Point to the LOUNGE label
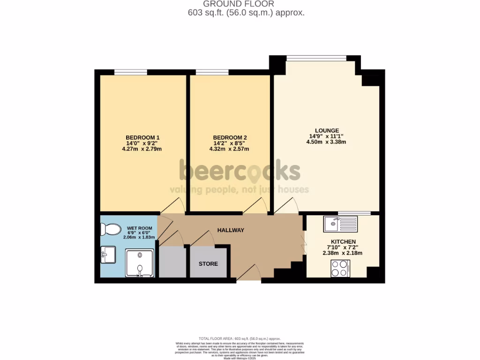[x=327, y=131]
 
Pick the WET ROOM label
[x=139, y=228]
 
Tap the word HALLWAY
[x=231, y=230]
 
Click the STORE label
[x=208, y=264]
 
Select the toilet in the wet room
[x=111, y=230]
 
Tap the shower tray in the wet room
[x=139, y=263]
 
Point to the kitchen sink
[x=340, y=224]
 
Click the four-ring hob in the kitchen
[x=340, y=268]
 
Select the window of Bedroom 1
[x=131, y=72]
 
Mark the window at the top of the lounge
[x=316, y=58]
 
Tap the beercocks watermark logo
[x=239, y=171]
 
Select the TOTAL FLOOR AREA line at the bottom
[x=240, y=338]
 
